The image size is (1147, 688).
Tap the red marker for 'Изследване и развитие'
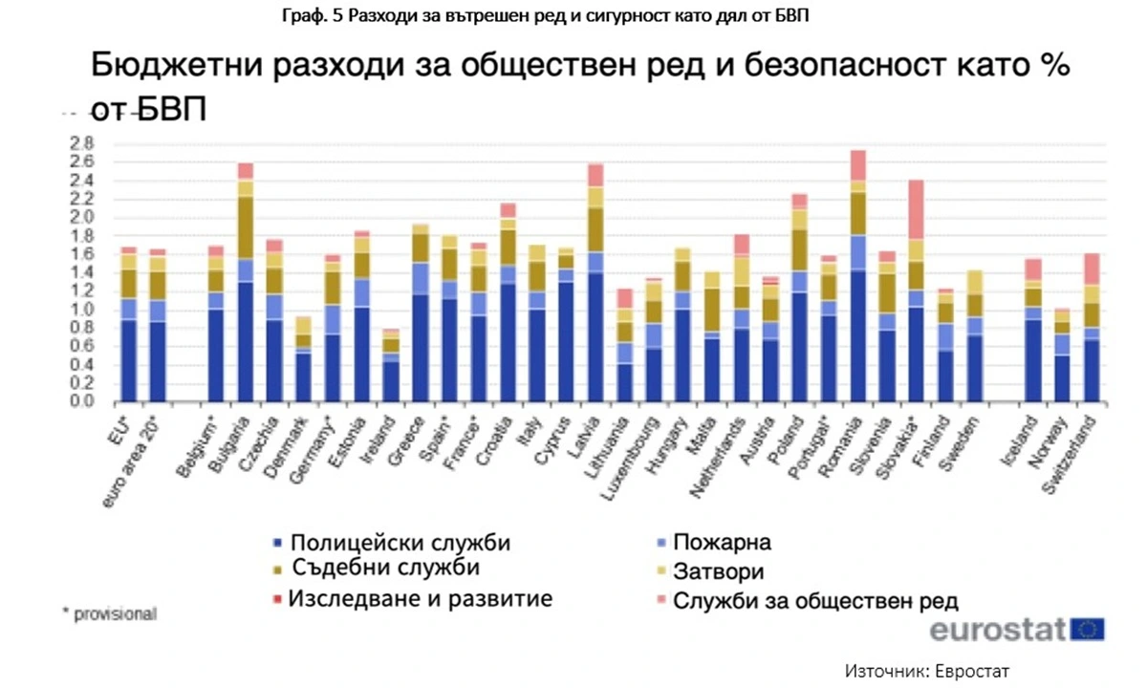tap(278, 600)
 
